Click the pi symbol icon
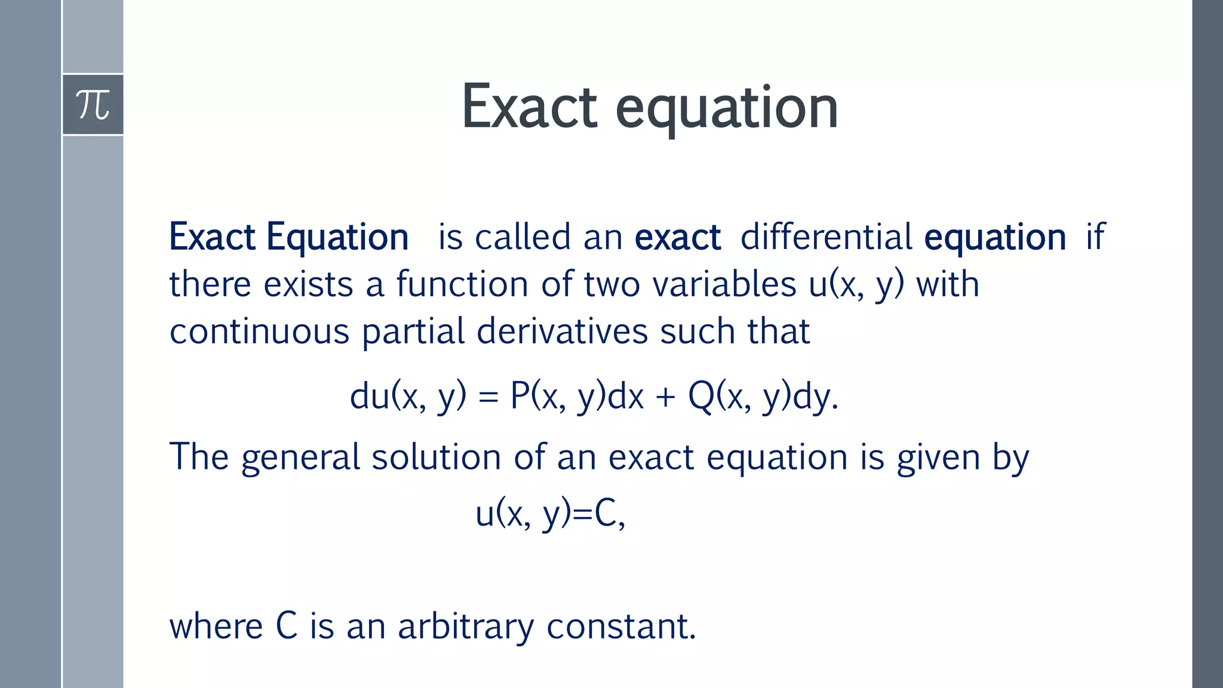pyautogui.click(x=93, y=105)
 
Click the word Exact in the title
pyautogui.click(x=529, y=107)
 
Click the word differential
pyautogui.click(x=826, y=236)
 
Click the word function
pyautogui.click(x=462, y=284)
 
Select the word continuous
pyautogui.click(x=259, y=331)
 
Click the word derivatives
pyautogui.click(x=562, y=331)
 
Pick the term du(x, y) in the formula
pyautogui.click(x=408, y=396)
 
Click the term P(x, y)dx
pyautogui.click(x=577, y=396)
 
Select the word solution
pyautogui.click(x=436, y=457)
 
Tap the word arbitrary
pyautogui.click(x=466, y=627)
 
